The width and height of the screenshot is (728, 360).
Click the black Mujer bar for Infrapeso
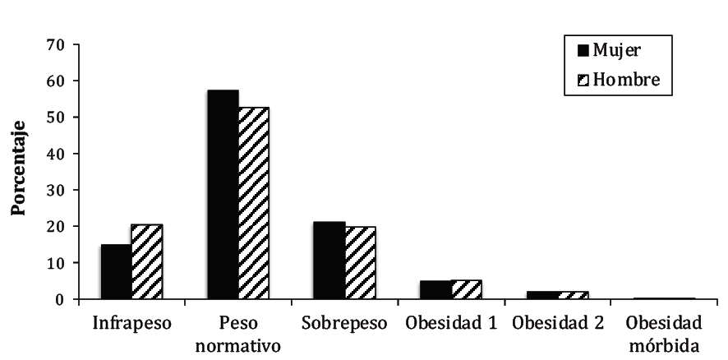coord(117,272)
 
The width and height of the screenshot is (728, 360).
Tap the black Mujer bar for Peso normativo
coord(223,195)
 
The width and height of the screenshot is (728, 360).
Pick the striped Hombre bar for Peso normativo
coord(254,203)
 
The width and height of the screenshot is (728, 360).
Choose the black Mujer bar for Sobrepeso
coord(330,261)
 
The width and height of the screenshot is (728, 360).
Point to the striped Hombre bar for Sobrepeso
coord(361,263)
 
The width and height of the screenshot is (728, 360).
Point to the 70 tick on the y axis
coord(57,44)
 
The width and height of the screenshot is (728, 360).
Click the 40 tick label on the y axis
coord(57,154)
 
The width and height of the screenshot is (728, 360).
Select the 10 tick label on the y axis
coord(57,263)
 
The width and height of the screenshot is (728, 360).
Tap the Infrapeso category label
coord(132,323)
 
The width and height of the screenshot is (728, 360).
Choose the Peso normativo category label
coord(238,333)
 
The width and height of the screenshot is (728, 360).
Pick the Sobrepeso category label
coord(344,323)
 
